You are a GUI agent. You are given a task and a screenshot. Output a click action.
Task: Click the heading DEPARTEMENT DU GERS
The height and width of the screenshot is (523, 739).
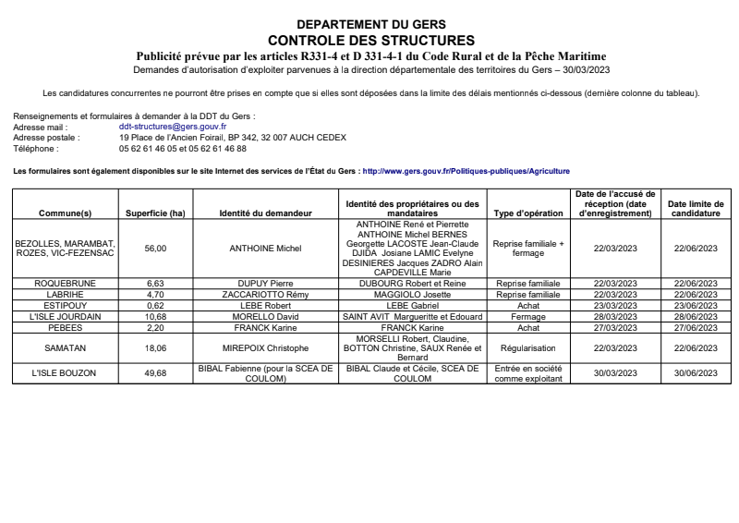tap(370, 24)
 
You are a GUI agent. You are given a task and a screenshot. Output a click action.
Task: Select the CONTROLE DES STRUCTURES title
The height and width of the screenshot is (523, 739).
tap(370, 41)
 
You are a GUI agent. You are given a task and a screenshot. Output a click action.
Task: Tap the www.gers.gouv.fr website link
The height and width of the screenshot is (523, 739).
tap(466, 171)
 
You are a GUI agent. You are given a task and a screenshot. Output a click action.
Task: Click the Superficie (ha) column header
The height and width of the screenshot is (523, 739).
tap(155, 213)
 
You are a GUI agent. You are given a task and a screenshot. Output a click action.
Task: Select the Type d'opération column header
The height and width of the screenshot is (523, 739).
tap(528, 213)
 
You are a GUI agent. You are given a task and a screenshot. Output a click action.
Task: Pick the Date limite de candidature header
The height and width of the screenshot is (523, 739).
tap(696, 208)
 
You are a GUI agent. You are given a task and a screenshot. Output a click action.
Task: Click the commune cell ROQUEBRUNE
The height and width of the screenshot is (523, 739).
tap(65, 283)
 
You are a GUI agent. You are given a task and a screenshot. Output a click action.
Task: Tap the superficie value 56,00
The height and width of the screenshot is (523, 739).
tap(155, 248)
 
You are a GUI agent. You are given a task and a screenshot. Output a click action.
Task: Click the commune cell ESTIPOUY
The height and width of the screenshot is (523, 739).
tap(65, 305)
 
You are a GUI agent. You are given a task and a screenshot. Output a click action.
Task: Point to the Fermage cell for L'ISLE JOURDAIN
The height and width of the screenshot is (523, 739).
tap(528, 316)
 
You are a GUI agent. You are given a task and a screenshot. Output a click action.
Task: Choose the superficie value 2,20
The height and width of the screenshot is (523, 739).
tap(155, 327)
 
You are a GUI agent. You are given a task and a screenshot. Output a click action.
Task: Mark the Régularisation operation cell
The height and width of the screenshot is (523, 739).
tap(528, 349)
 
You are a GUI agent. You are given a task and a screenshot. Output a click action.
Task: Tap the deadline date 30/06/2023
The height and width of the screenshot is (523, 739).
tap(696, 372)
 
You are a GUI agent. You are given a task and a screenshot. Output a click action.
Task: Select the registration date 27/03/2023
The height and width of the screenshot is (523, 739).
tap(614, 327)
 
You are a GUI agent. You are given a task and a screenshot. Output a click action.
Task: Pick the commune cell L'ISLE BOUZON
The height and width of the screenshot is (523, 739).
tap(65, 372)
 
